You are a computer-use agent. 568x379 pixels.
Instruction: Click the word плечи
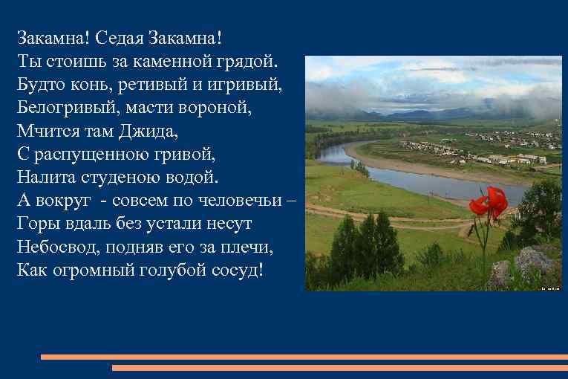click(230, 245)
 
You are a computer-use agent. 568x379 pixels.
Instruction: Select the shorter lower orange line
click(339, 367)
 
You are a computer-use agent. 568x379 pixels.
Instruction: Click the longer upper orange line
click(304, 357)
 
